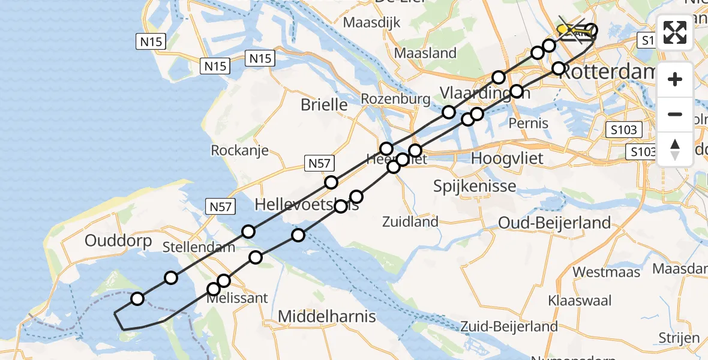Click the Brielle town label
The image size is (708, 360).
[324, 104]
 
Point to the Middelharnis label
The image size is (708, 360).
[327, 316]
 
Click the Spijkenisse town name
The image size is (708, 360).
[475, 185]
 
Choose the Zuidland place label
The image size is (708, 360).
[410, 221]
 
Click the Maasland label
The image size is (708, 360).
[425, 53]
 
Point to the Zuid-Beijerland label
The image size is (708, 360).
[509, 326]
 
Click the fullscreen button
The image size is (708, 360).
[675, 32]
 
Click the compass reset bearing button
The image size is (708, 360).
[675, 149]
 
